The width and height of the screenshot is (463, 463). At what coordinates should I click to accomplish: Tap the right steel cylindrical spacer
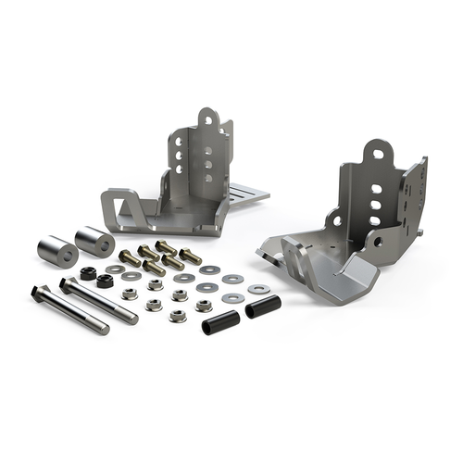pyautogui.click(x=94, y=241)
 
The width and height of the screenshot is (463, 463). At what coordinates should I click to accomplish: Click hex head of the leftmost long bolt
pyautogui.click(x=40, y=293)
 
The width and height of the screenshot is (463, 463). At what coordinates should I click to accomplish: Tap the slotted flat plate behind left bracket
pyautogui.click(x=245, y=193)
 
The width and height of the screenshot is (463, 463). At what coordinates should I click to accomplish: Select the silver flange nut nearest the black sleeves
pyautogui.click(x=203, y=305)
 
